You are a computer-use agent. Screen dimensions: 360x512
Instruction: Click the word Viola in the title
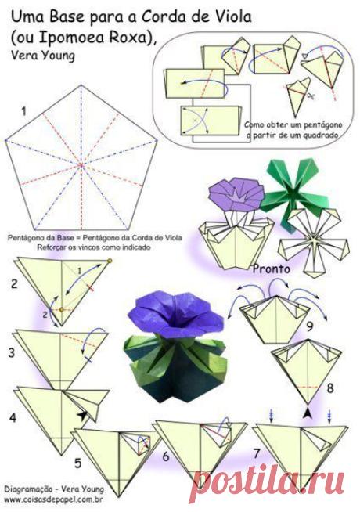tap(232, 17)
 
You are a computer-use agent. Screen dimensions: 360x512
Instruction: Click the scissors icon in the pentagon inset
tap(311, 96)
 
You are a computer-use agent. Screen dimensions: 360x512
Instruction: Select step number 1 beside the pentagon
tap(23, 112)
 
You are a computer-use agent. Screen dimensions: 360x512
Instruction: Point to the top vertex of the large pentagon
tap(81, 85)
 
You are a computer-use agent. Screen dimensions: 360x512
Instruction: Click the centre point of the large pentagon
tap(81, 165)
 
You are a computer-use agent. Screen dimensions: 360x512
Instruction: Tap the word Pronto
tap(272, 269)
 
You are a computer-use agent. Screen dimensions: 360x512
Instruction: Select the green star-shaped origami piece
tap(290, 192)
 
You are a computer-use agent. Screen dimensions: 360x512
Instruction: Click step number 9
tap(310, 326)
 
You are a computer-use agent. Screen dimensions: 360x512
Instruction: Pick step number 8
tap(330, 388)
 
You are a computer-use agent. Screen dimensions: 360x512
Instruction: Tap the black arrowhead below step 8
tap(307, 413)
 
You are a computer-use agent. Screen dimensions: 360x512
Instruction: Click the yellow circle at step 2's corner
tap(110, 261)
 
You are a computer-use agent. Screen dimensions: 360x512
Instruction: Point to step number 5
tap(78, 463)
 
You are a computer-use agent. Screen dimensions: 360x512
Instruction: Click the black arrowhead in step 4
tap(83, 416)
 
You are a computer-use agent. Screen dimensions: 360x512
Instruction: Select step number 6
tap(166, 456)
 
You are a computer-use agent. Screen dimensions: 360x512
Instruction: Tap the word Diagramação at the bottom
tap(28, 489)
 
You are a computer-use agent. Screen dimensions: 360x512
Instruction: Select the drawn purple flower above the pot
tap(236, 195)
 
